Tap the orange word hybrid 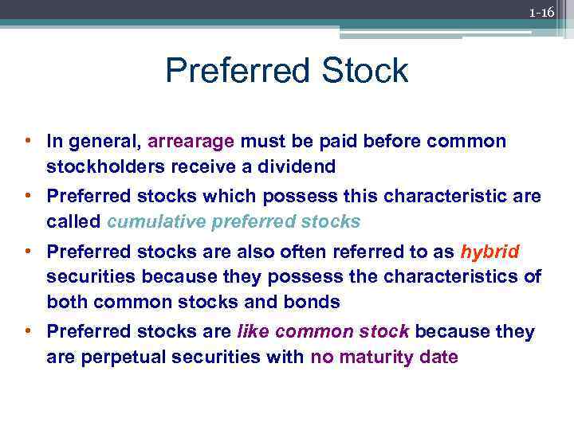(x=490, y=252)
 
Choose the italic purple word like (x=254, y=331)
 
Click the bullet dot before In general (x=27, y=142)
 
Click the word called (x=73, y=221)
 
